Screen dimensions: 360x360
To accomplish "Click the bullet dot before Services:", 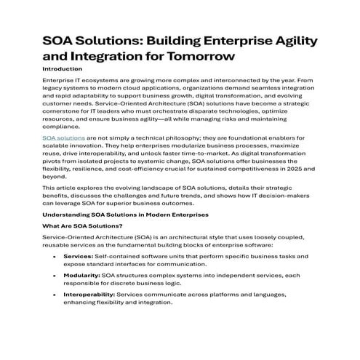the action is [x=57, y=257].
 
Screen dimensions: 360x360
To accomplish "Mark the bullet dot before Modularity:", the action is [x=57, y=276].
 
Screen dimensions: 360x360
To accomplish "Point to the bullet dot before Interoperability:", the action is [x=57, y=295].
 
